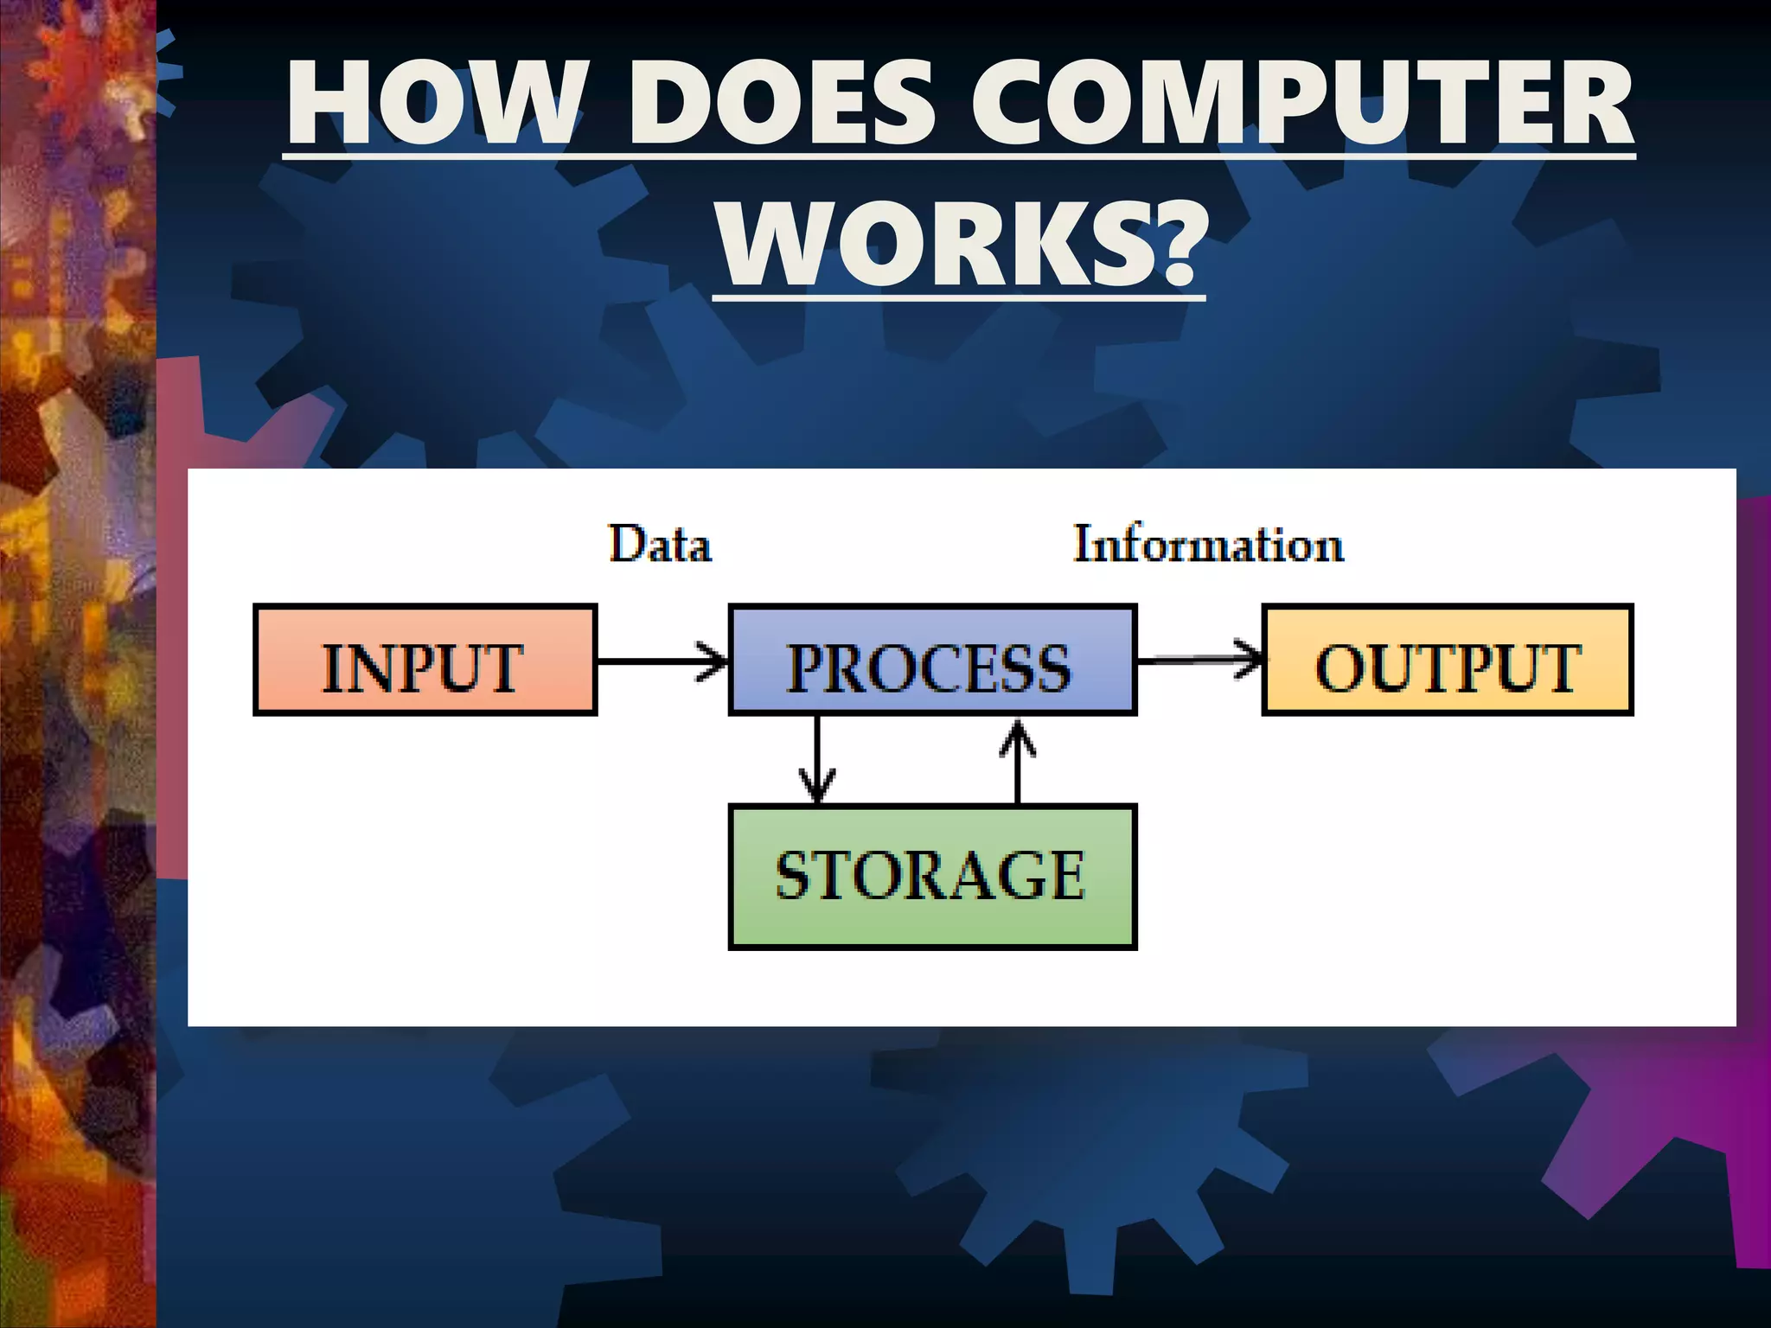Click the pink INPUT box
pos(425,661)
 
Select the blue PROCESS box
pos(932,661)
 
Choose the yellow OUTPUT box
pos(1448,661)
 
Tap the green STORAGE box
pos(932,877)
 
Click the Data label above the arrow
pos(660,545)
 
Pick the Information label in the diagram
pos(1208,545)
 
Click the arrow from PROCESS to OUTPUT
pos(1199,661)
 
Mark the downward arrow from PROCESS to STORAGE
pos(817,760)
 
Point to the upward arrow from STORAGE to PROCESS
pos(1018,760)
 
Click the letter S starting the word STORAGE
pos(794,877)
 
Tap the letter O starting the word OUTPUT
pos(1338,667)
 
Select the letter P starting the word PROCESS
pos(806,667)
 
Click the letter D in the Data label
pos(627,545)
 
